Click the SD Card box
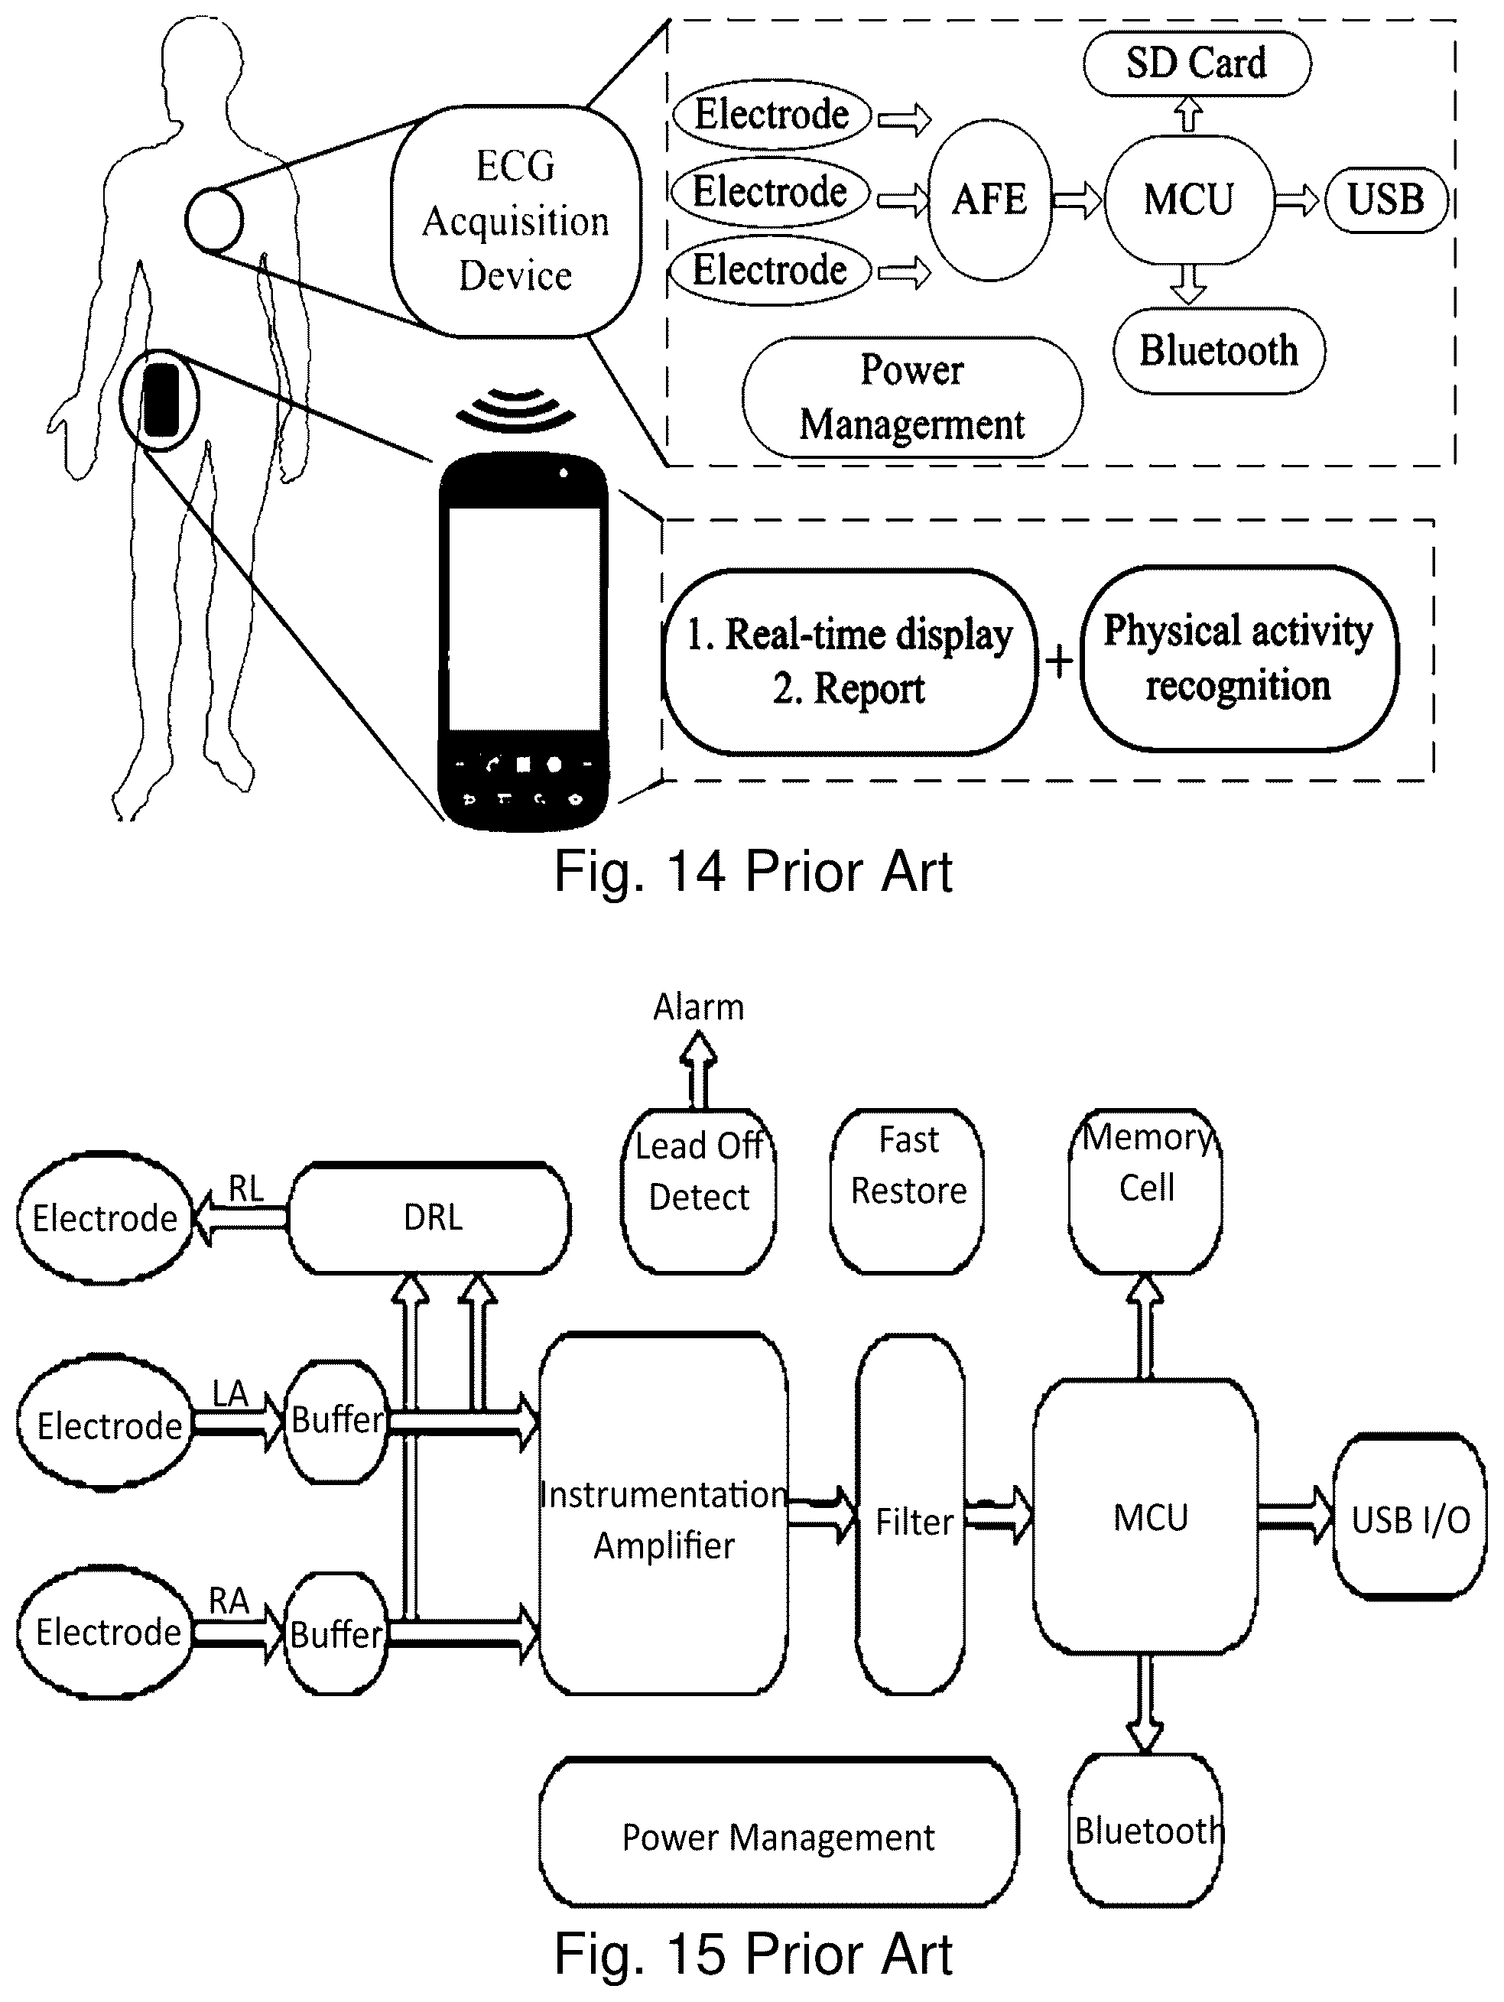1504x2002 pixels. (x=1197, y=63)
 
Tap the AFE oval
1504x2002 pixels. (x=990, y=199)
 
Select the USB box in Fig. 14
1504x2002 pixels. (x=1385, y=199)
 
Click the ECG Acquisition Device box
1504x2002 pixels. (x=515, y=221)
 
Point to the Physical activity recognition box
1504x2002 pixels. (x=1238, y=658)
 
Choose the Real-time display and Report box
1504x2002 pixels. (x=849, y=661)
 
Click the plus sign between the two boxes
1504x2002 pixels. (x=1059, y=661)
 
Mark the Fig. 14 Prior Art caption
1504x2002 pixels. (x=753, y=873)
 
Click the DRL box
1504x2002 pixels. (x=430, y=1218)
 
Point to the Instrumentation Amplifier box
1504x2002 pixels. (x=664, y=1519)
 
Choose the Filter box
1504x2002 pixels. (x=911, y=1519)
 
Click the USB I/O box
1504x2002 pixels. (x=1410, y=1519)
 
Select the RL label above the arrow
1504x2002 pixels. (x=245, y=1188)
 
